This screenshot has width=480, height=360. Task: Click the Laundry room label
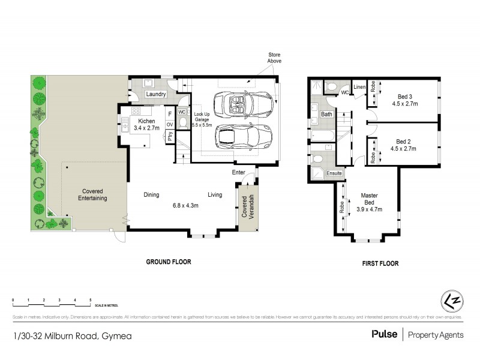point(155,94)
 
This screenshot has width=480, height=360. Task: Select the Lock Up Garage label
point(202,119)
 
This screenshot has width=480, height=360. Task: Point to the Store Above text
point(274,58)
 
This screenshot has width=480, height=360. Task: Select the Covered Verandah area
point(247,207)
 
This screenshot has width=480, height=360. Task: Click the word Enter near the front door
point(239,173)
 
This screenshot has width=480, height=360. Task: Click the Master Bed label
point(370,202)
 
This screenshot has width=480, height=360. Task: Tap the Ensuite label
point(334,173)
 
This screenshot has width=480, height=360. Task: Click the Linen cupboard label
point(359,88)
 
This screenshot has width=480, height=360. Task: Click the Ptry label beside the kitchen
point(170,137)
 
